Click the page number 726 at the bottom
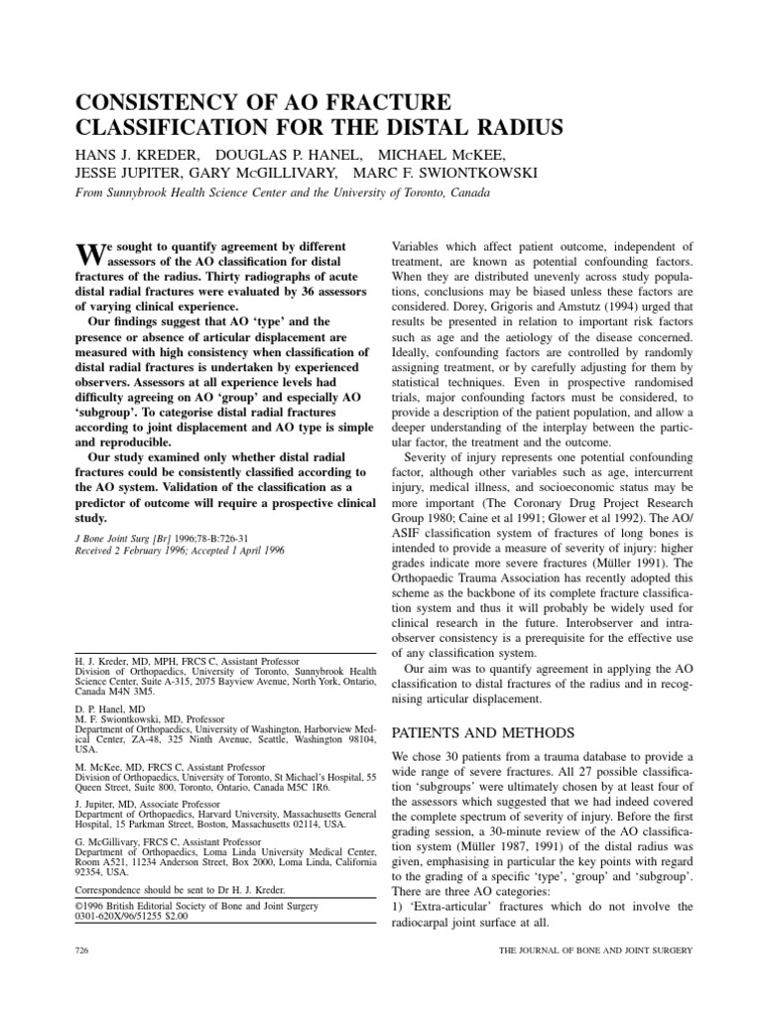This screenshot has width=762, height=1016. (82, 951)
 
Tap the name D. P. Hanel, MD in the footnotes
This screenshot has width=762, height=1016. (112, 711)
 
